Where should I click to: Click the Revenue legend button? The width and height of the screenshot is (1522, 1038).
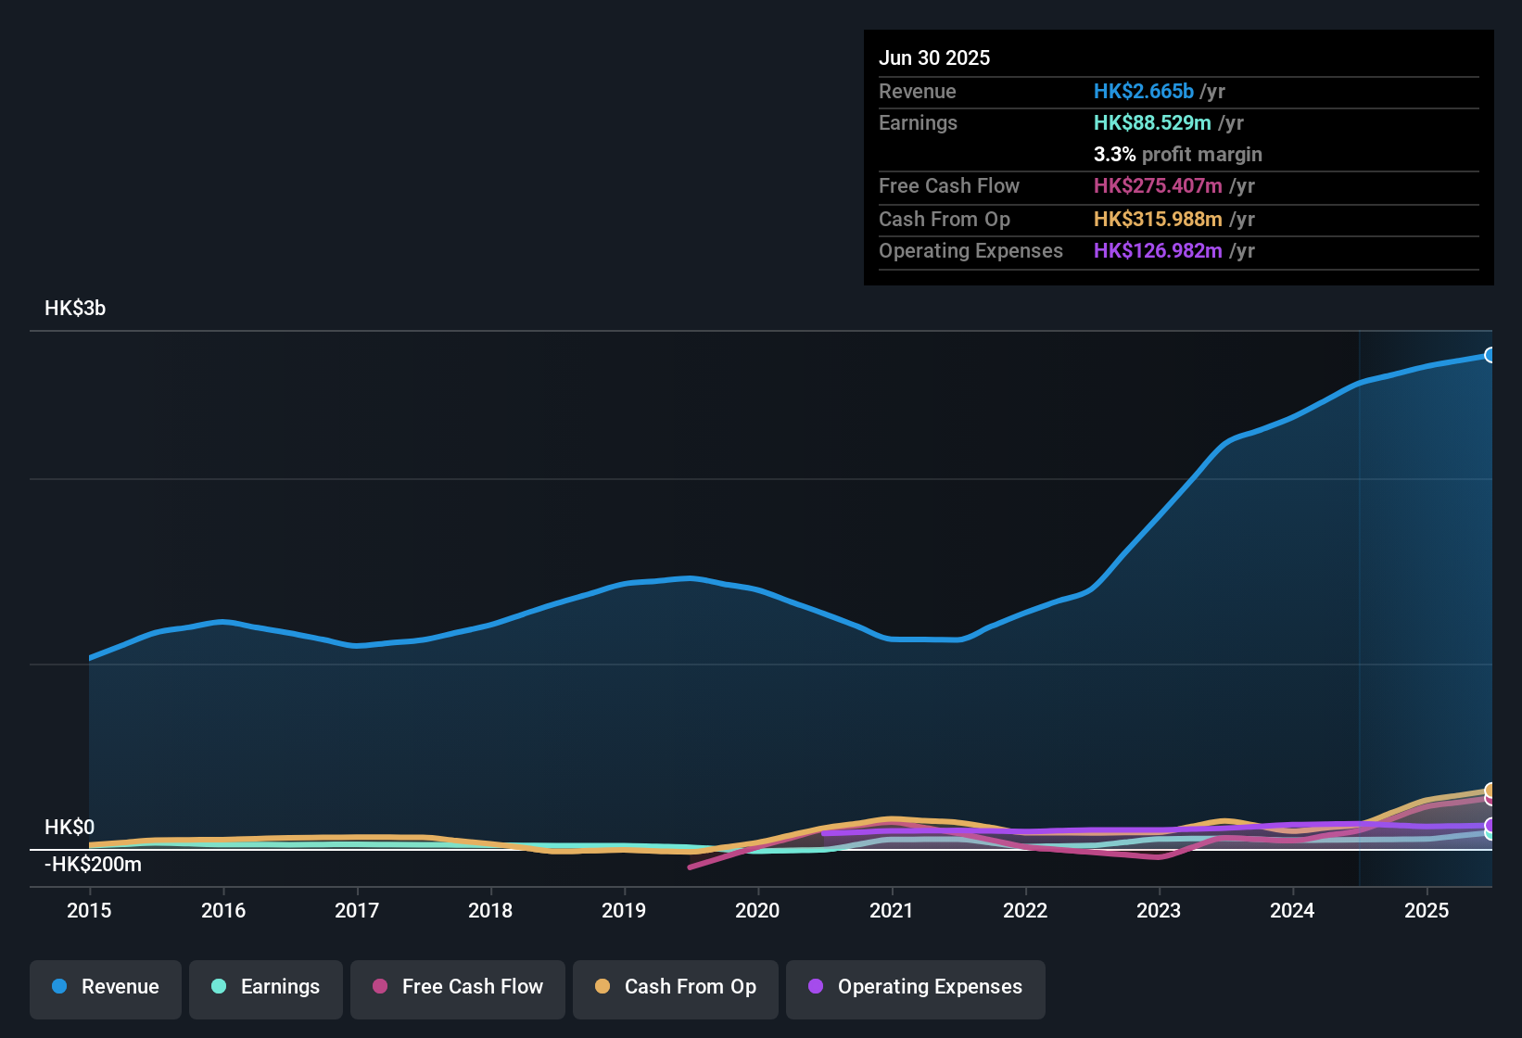pyautogui.click(x=106, y=987)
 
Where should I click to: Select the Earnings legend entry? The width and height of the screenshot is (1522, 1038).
pyautogui.click(x=266, y=987)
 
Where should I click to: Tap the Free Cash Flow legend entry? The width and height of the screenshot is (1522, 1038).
pyautogui.click(x=458, y=987)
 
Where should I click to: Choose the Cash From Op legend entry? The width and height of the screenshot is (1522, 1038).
pyautogui.click(x=676, y=987)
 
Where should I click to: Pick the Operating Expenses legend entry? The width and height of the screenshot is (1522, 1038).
pyautogui.click(x=916, y=987)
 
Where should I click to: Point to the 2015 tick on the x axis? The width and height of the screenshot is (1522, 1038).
pyautogui.click(x=89, y=910)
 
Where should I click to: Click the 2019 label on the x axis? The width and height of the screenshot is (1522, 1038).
pyautogui.click(x=624, y=910)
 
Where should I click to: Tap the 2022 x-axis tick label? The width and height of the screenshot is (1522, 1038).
pyautogui.click(x=1025, y=910)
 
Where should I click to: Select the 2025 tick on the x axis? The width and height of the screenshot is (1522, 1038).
pyautogui.click(x=1427, y=910)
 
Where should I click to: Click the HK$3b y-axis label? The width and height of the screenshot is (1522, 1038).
pyautogui.click(x=75, y=309)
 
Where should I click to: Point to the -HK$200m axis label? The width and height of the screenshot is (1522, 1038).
pyautogui.click(x=93, y=865)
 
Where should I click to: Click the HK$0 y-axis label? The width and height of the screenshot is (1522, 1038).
pyautogui.click(x=70, y=828)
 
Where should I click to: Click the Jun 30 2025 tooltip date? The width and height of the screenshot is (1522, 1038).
pyautogui.click(x=934, y=58)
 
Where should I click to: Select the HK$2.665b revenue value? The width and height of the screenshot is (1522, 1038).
pyautogui.click(x=1143, y=92)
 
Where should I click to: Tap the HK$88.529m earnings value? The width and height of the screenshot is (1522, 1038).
pyautogui.click(x=1152, y=123)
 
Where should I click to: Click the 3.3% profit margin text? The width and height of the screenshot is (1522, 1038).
pyautogui.click(x=1177, y=155)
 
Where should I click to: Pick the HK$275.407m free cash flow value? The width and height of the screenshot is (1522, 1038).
pyautogui.click(x=1158, y=186)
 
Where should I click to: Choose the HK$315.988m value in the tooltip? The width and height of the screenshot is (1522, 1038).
pyautogui.click(x=1158, y=220)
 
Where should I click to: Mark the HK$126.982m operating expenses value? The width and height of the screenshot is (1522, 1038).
pyautogui.click(x=1158, y=251)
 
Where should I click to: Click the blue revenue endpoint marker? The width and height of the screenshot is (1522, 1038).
pyautogui.click(x=1490, y=355)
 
